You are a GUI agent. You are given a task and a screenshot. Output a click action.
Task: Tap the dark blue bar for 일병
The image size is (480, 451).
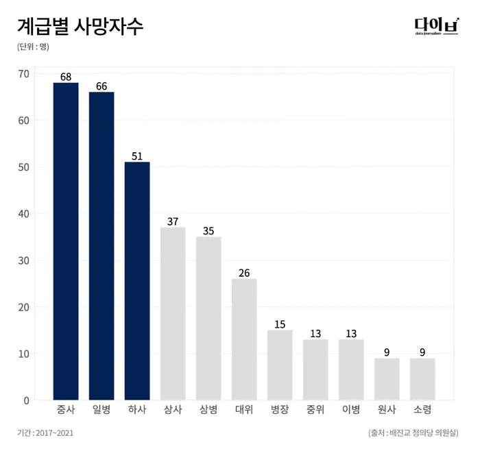point(101,245)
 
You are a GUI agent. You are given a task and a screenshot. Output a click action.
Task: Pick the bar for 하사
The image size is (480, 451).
point(137,281)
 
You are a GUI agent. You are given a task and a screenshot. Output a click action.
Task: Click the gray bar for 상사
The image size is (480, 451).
point(173,313)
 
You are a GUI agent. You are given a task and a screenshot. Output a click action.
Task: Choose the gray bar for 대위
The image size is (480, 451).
point(244,339)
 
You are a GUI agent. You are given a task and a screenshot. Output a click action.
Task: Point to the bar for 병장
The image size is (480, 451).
point(280,365)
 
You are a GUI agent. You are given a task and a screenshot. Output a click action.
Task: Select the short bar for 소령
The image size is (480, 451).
point(422,378)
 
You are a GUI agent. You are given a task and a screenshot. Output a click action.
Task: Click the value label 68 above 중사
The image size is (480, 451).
point(66,77)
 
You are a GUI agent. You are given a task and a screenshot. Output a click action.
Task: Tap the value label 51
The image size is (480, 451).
point(137,156)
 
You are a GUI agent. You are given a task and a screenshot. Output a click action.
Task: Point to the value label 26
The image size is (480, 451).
point(244,273)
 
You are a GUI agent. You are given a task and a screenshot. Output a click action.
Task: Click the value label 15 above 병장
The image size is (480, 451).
point(280,324)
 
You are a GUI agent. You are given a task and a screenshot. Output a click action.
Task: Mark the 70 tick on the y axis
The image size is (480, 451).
point(24,74)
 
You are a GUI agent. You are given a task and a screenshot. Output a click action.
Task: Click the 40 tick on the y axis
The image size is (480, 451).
point(24,214)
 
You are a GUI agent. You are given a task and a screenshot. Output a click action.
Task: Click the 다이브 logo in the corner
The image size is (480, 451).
point(436,26)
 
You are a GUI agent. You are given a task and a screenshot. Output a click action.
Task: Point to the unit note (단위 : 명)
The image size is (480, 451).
point(33,47)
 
